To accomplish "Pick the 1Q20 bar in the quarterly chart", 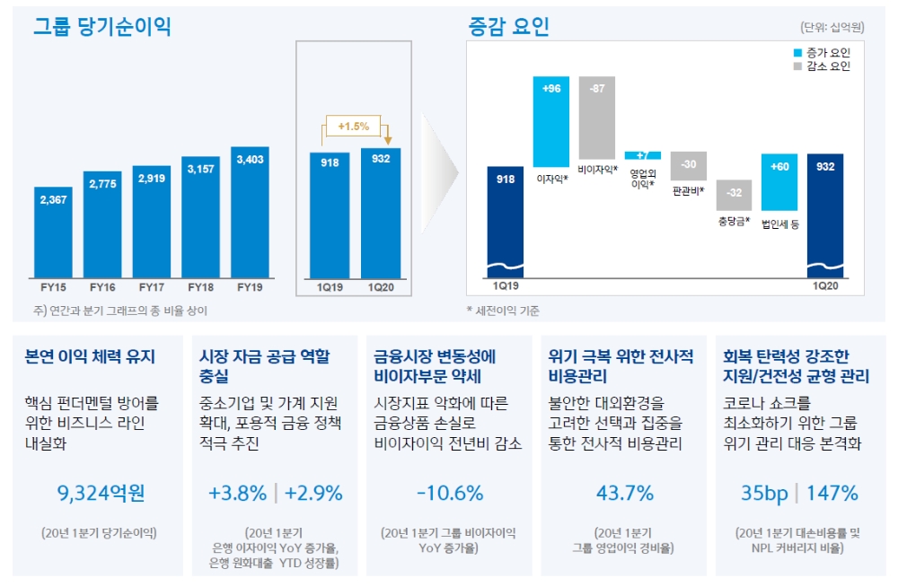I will tap(382, 215).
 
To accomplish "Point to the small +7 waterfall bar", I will tap(643, 155).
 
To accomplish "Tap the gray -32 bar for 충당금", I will tap(735, 194).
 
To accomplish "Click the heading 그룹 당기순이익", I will tap(101, 27).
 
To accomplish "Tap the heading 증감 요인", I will tap(507, 27).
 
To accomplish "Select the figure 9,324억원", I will tap(100, 493).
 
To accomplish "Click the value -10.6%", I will tap(450, 493).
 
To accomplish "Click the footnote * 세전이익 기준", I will tap(503, 311).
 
